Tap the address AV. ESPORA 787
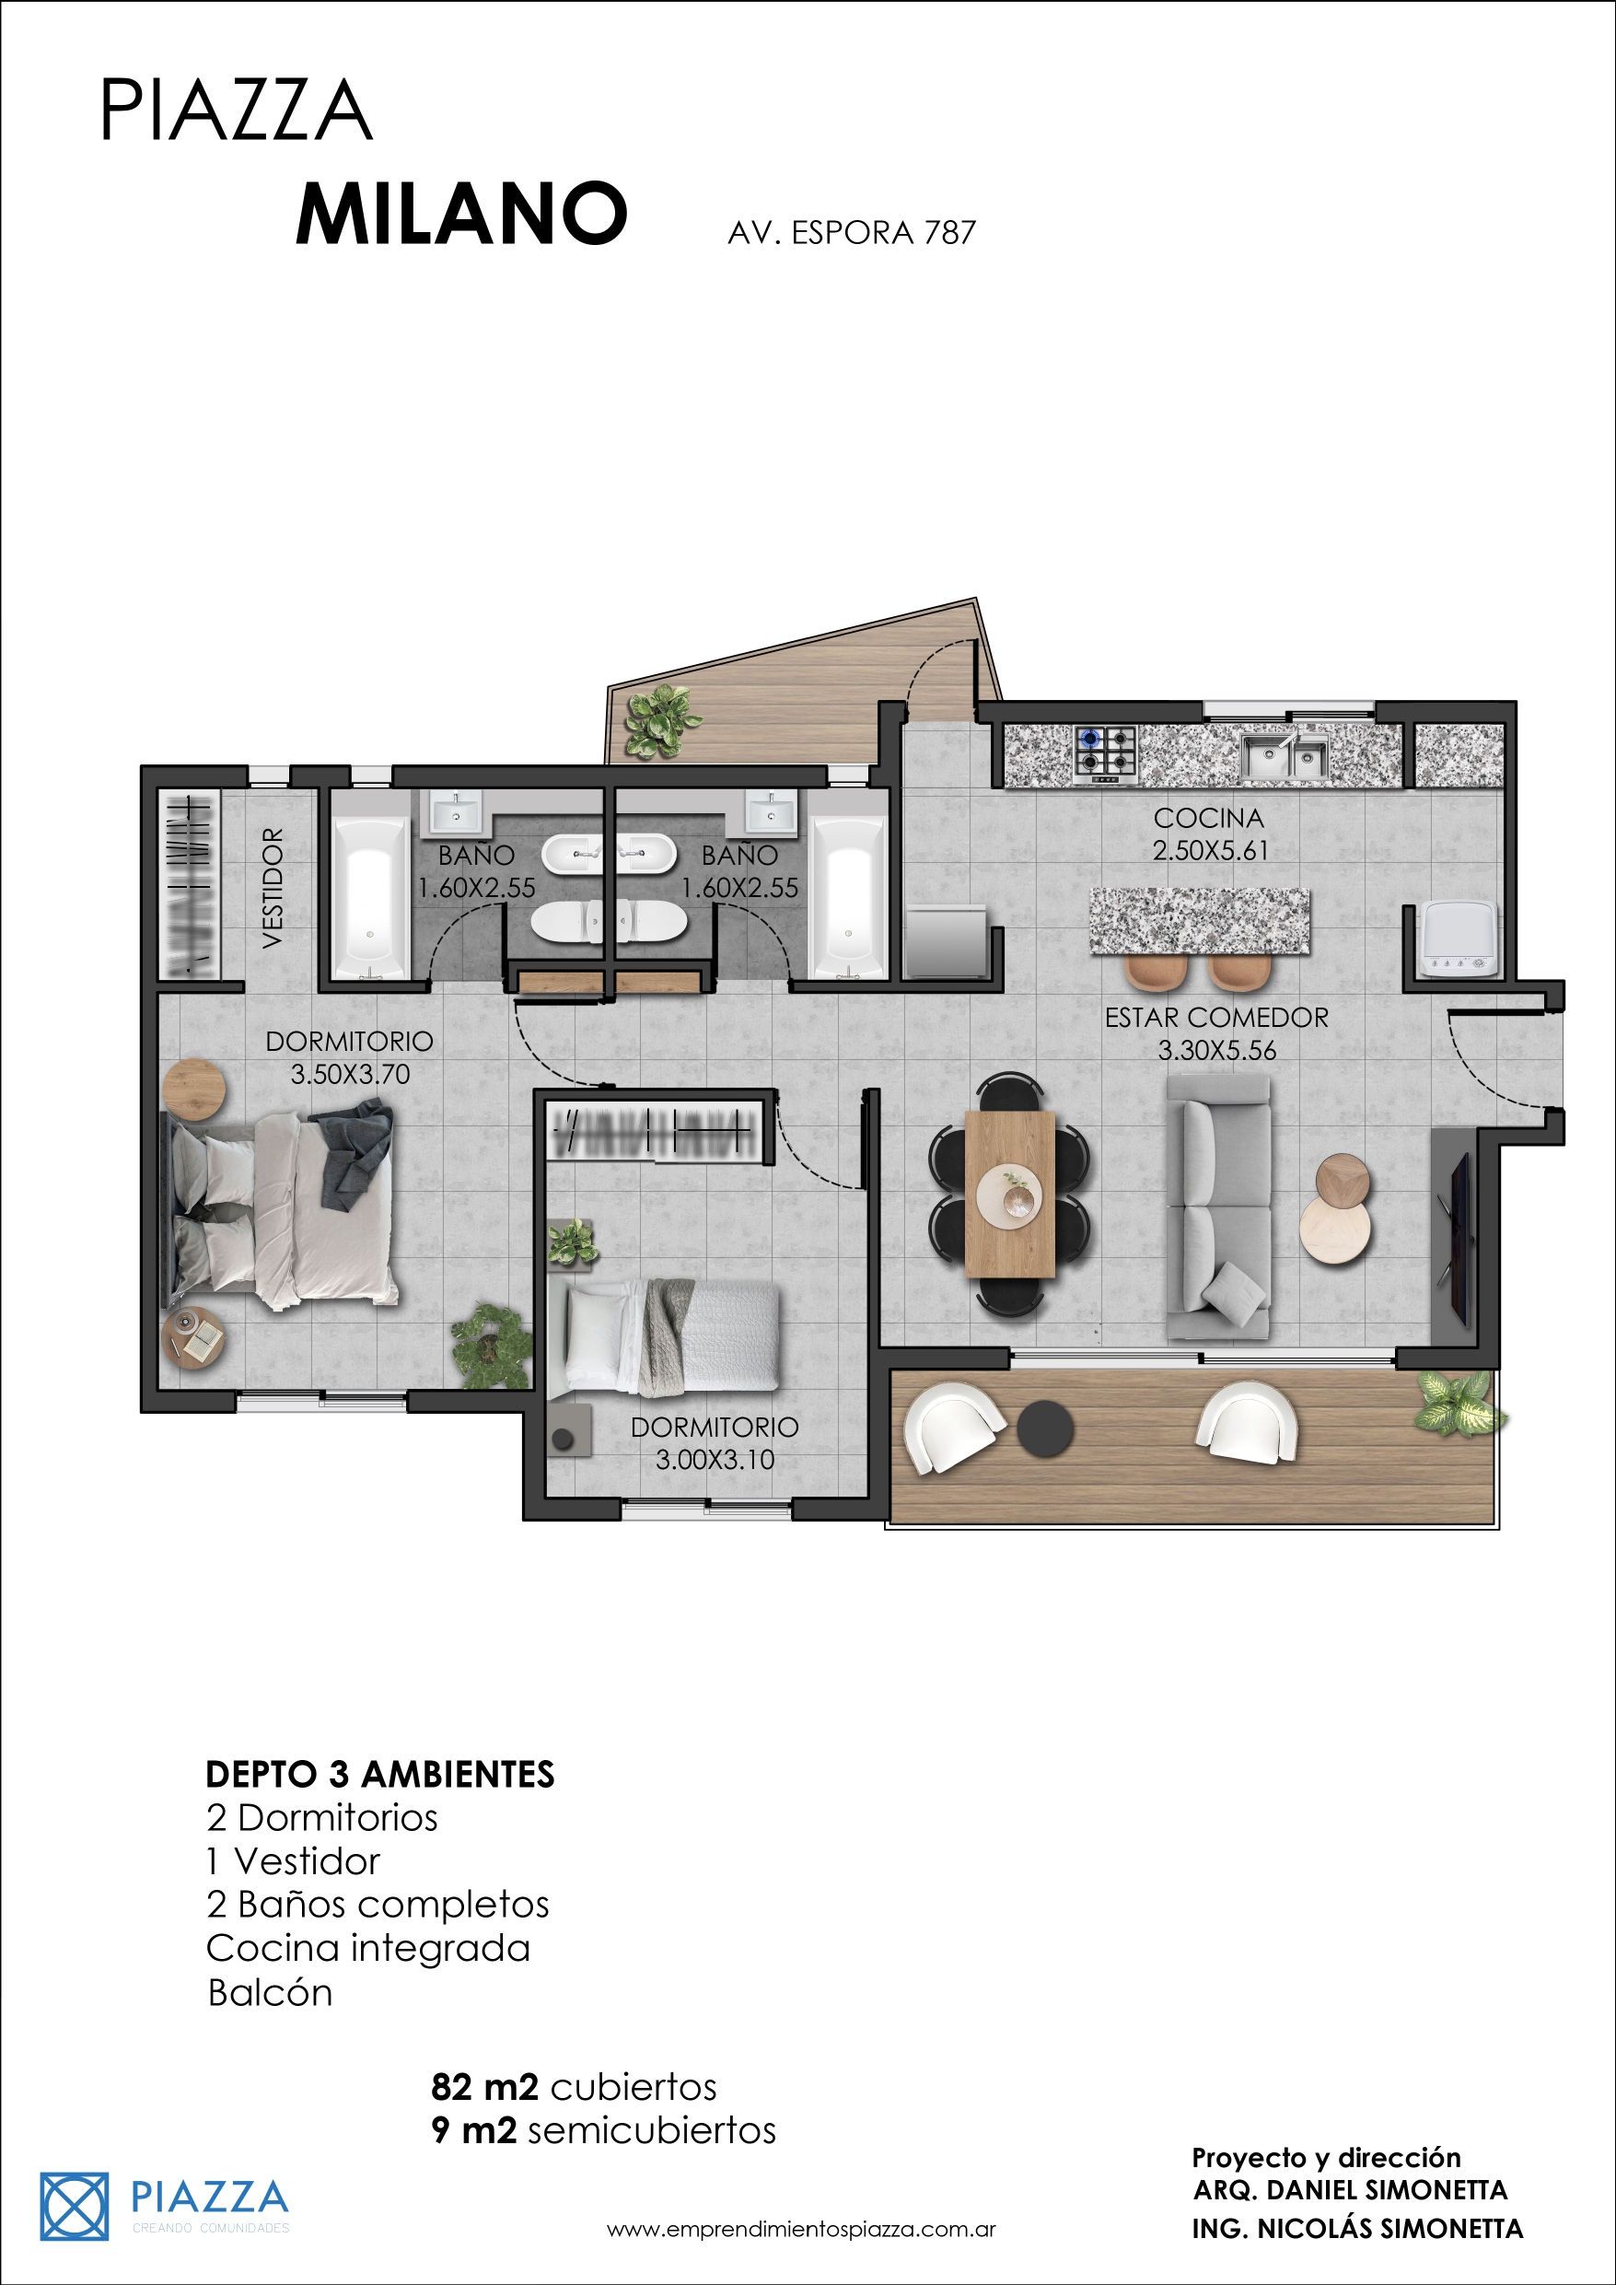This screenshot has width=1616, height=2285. point(852,233)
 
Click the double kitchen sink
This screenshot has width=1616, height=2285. point(1285,757)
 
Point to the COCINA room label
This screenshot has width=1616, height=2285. point(1208,818)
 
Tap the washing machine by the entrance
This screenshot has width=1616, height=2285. point(1459,938)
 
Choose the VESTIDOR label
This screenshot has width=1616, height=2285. point(272,888)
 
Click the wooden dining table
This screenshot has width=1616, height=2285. point(1009,1195)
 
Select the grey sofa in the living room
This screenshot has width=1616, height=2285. point(1219,1207)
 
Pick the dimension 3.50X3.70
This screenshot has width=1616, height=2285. point(350,1075)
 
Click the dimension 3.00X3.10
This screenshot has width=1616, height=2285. point(715,1460)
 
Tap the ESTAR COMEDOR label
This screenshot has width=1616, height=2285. point(1216,1017)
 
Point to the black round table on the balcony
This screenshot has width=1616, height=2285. point(1045,1428)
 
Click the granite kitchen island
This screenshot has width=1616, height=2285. point(1200,921)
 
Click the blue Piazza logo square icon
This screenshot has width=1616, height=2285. point(75,2207)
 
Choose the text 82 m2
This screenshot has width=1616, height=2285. point(484,2086)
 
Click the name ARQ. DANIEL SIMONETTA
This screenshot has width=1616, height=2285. point(1350,2190)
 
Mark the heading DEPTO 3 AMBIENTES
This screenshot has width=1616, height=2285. point(380,1775)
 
